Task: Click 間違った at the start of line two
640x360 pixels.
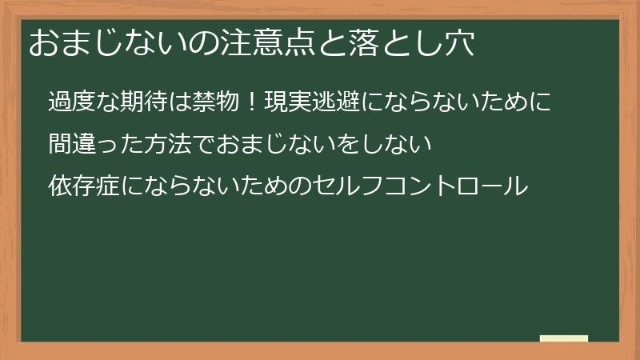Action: click(95, 145)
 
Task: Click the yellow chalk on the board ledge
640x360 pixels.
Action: click(564, 338)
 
